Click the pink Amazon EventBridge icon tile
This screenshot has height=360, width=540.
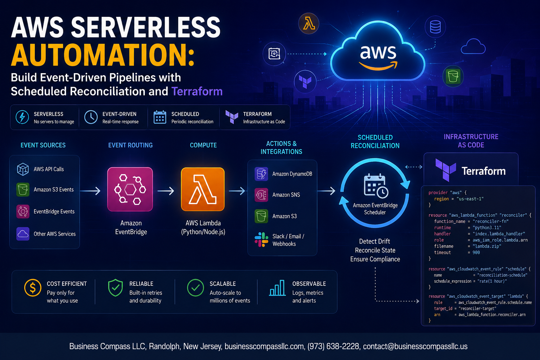pos(130,189)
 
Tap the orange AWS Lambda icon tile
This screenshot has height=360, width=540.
pos(203,189)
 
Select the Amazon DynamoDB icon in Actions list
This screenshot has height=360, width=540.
pos(261,174)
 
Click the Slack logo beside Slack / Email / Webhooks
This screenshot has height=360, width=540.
pos(261,240)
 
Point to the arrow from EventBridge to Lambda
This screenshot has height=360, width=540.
pos(166,191)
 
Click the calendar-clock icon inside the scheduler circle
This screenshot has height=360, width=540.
pos(376,186)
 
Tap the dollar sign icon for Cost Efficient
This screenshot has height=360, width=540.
pos(33,288)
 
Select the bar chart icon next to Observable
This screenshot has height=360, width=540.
pos(277,288)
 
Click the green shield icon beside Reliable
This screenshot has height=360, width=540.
pos(115,288)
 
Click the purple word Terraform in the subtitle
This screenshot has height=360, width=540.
pos(197,91)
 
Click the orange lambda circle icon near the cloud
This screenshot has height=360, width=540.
pos(309,24)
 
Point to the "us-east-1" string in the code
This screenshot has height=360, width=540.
pos(470,199)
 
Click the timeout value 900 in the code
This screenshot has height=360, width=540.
pos(476,252)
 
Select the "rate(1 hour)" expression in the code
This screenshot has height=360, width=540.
pos(492,281)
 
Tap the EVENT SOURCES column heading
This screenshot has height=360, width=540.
pos(43,145)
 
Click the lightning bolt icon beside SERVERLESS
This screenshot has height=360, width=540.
pos(22,117)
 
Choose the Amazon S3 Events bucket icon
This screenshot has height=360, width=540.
pos(23,189)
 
